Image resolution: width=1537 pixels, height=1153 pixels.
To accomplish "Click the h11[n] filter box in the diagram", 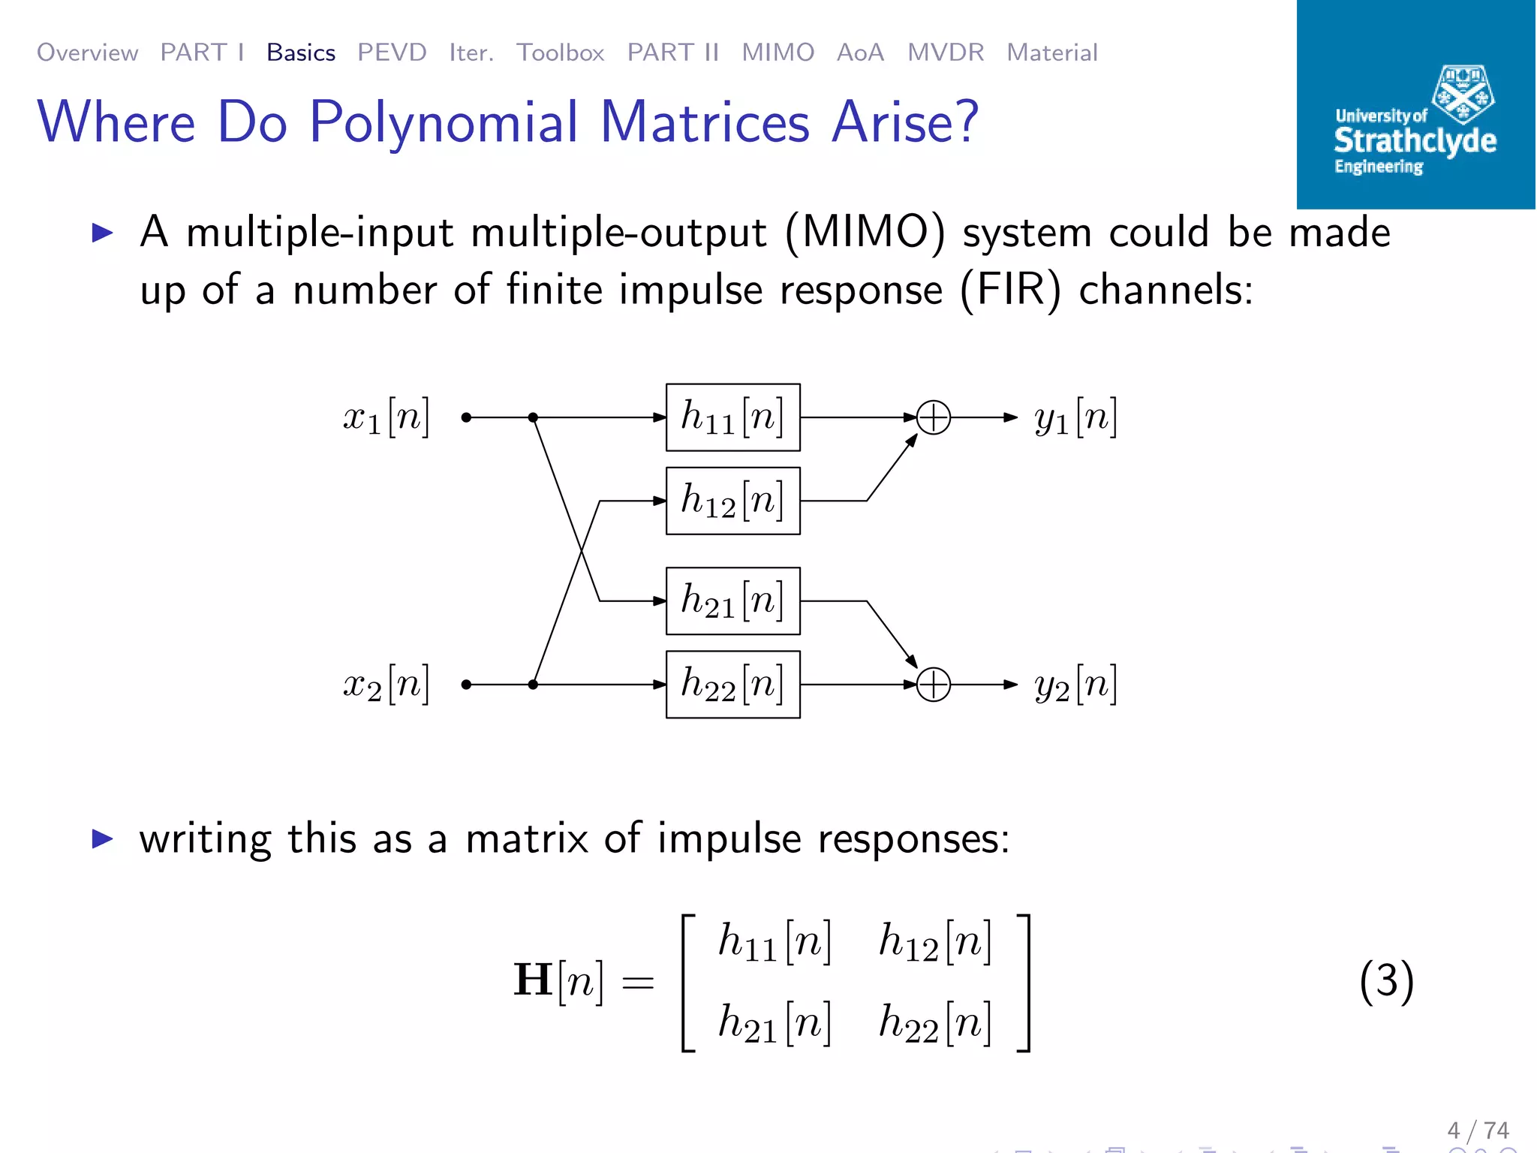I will pyautogui.click(x=732, y=417).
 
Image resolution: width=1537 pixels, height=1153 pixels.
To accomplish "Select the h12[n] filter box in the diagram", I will pyautogui.click(x=732, y=501).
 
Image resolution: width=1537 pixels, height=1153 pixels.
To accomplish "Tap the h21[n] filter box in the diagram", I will pyautogui.click(x=732, y=601).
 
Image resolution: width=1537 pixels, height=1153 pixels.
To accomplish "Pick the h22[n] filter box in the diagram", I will pyautogui.click(x=732, y=685).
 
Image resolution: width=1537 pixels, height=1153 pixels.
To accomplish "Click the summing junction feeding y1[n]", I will pyautogui.click(x=934, y=417).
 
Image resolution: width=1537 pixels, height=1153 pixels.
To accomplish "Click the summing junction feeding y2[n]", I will pyautogui.click(x=934, y=685).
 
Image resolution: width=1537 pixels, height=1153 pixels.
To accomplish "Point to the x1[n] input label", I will pyautogui.click(x=386, y=417).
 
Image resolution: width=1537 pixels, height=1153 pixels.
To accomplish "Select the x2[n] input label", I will pyautogui.click(x=386, y=685).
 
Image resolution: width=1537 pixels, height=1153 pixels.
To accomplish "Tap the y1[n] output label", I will pyautogui.click(x=1075, y=417).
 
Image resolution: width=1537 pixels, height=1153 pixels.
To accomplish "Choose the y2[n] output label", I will pyautogui.click(x=1075, y=685).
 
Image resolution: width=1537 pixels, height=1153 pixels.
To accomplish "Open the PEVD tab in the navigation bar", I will pyautogui.click(x=392, y=53).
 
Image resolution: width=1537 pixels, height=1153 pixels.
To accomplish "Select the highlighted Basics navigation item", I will pyautogui.click(x=301, y=53).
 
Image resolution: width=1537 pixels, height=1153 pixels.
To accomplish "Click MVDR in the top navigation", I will pyautogui.click(x=946, y=53).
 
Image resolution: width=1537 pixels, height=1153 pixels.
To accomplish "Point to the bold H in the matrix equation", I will pyautogui.click(x=533, y=980).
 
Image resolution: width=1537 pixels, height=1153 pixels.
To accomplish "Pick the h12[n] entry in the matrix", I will pyautogui.click(x=935, y=942).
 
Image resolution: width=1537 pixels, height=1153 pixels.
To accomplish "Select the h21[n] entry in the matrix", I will pyautogui.click(x=775, y=1023).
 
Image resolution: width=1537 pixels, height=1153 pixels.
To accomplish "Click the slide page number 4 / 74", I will pyautogui.click(x=1478, y=1130).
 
